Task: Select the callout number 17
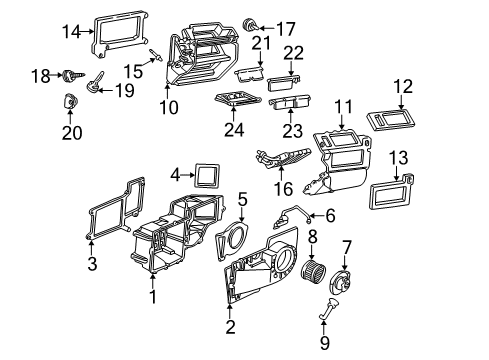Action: point(285,27)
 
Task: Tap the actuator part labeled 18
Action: point(71,75)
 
